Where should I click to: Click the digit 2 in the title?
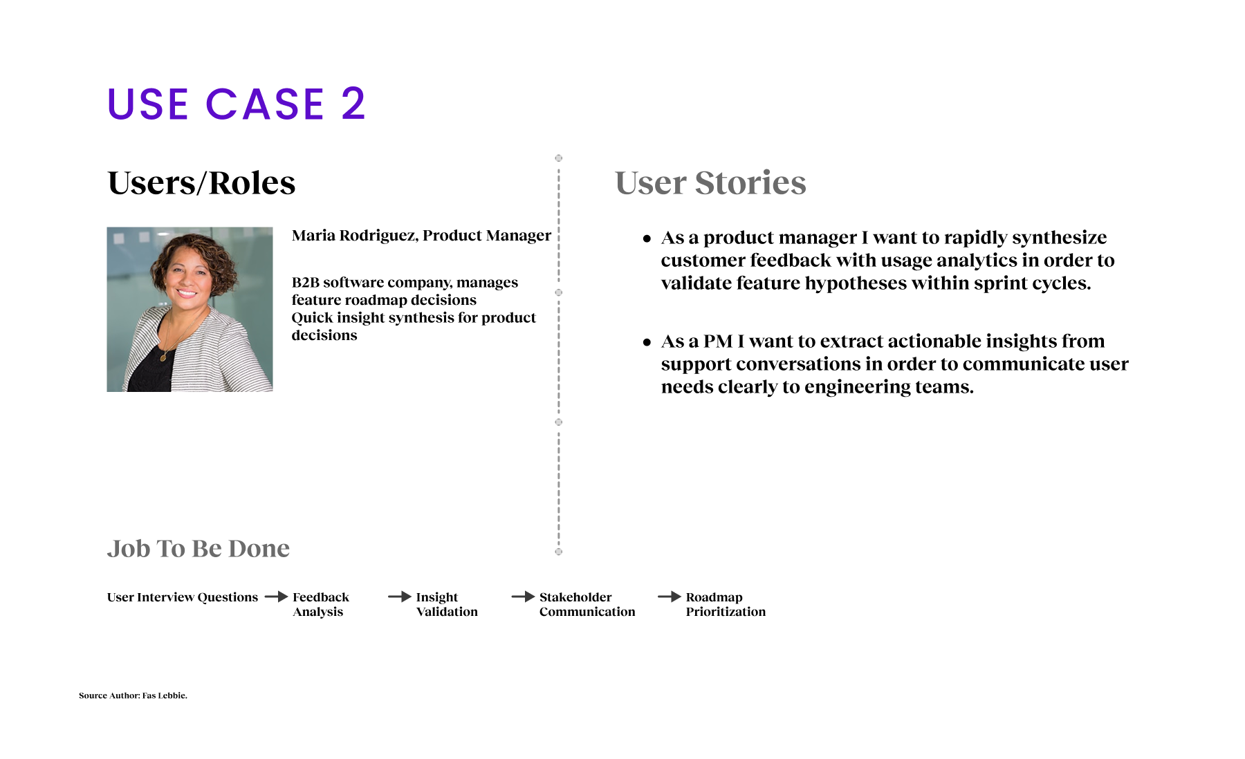coord(353,104)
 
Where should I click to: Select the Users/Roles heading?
coord(201,183)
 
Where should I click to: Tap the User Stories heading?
coord(710,183)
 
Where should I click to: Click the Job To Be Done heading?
coord(199,548)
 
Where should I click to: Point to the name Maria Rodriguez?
coord(354,236)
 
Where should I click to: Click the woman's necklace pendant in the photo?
coord(164,357)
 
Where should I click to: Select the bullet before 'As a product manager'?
coord(647,238)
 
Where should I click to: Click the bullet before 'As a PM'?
coord(647,342)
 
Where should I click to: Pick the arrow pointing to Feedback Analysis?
coord(276,597)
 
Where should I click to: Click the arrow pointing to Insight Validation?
coord(400,597)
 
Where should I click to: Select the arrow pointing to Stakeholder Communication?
coord(524,597)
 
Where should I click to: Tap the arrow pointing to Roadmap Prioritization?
coord(670,597)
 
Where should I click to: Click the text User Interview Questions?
coord(183,597)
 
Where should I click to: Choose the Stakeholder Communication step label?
coord(587,604)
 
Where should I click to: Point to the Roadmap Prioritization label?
coord(726,604)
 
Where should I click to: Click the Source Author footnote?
coord(133,695)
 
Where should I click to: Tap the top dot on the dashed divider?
coord(559,158)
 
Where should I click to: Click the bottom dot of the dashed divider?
coord(559,552)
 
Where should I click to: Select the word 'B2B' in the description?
coord(305,283)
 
